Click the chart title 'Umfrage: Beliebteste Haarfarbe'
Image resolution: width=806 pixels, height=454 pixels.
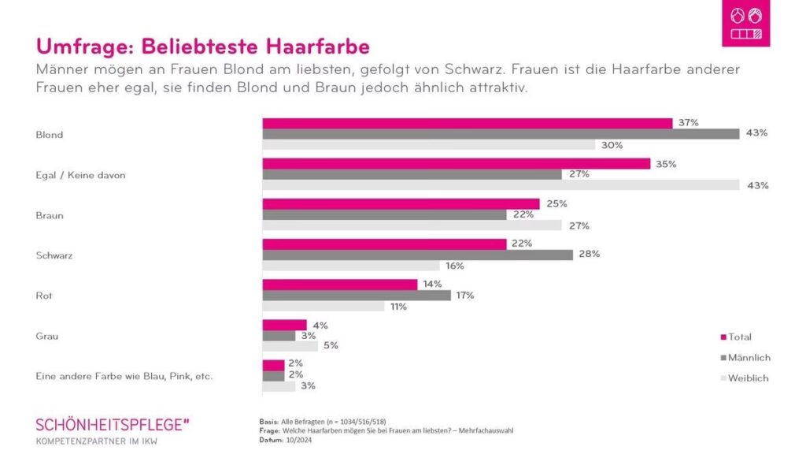coord(202,46)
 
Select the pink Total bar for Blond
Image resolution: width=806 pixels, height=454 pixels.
coord(467,123)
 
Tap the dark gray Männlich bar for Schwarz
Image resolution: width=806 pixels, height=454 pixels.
coord(417,255)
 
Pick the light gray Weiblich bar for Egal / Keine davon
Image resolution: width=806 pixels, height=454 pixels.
coord(501,185)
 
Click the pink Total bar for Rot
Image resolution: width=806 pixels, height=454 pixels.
coord(339,284)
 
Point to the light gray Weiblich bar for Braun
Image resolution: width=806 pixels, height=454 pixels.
coord(412,225)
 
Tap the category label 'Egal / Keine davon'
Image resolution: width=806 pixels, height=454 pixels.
coord(80,175)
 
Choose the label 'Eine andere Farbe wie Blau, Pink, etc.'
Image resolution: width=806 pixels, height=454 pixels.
coord(124,376)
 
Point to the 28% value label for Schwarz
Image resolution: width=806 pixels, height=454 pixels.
coord(590,254)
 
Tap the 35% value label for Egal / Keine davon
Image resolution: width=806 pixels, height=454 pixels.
coord(666,164)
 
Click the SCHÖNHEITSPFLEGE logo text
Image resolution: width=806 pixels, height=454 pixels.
coord(113,425)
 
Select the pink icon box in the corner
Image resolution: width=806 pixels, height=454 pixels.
coord(745,24)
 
